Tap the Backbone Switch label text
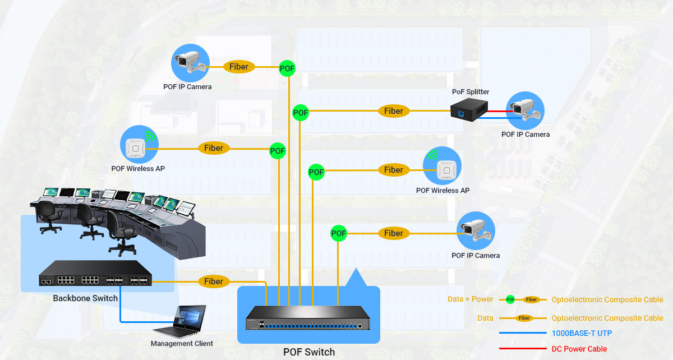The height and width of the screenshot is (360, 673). coord(85,298)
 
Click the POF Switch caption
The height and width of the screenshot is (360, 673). coord(308,352)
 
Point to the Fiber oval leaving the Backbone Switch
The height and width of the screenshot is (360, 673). coord(214,281)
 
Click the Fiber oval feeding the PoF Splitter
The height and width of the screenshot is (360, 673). coord(394,111)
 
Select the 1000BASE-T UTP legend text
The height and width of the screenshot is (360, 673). coord(582,333)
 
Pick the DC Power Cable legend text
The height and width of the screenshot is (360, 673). coord(579,349)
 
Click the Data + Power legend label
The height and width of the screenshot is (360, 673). coord(470,299)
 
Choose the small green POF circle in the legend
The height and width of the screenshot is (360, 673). coord(510,299)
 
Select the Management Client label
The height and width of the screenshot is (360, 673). coord(182,344)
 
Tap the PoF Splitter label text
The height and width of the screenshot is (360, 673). coord(471,92)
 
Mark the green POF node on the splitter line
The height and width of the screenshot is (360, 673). coord(301,113)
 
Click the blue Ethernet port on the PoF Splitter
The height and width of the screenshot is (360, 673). coord(461,113)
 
